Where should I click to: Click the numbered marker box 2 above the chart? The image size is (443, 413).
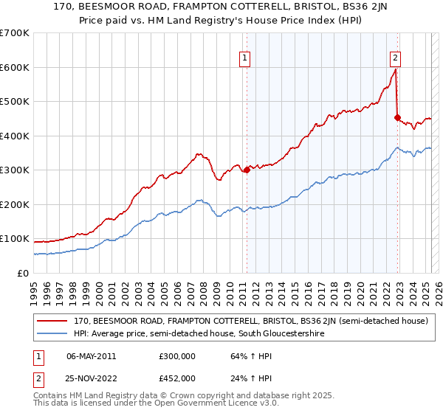pyautogui.click(x=396, y=58)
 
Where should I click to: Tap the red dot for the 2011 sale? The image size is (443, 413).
pyautogui.click(x=247, y=170)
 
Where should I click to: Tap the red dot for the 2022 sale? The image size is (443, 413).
pyautogui.click(x=397, y=117)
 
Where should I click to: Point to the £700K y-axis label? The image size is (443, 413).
pyautogui.click(x=14, y=33)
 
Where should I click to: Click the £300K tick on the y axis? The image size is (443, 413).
pyautogui.click(x=14, y=170)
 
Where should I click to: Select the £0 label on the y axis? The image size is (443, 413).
pyautogui.click(x=22, y=273)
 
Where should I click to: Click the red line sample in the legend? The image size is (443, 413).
pyautogui.click(x=52, y=322)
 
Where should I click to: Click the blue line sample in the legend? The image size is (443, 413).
pyautogui.click(x=52, y=333)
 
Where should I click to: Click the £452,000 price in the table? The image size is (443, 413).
pyautogui.click(x=178, y=378)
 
